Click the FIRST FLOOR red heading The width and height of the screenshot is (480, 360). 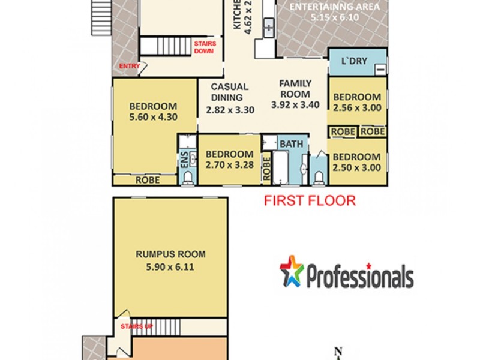(310, 200)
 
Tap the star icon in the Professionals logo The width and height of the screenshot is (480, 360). (292, 271)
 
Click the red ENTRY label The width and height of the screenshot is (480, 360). (130, 66)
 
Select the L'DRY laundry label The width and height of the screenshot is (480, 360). (354, 62)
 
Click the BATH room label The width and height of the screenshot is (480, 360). (292, 144)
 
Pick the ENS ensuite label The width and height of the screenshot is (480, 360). (184, 159)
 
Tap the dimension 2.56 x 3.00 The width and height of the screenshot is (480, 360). (357, 108)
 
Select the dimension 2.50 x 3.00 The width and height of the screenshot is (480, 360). (357, 167)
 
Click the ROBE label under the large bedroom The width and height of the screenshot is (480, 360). (147, 179)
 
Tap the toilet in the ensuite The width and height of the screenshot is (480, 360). (188, 176)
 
